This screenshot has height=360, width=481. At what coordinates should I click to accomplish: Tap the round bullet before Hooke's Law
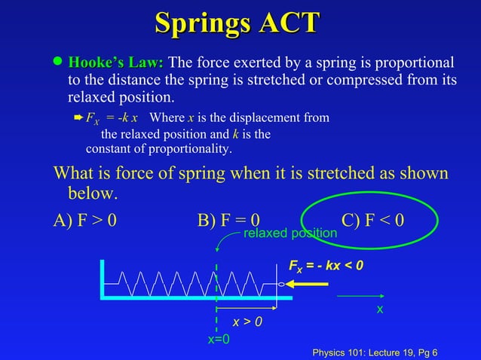57,63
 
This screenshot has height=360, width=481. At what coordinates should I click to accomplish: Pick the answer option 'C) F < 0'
372,220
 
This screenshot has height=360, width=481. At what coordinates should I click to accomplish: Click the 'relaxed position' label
290,233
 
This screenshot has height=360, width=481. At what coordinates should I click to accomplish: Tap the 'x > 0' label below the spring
247,322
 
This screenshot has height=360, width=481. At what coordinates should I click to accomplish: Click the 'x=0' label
219,340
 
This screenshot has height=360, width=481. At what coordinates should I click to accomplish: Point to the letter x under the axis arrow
380,310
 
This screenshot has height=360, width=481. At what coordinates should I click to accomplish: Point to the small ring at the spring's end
280,285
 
